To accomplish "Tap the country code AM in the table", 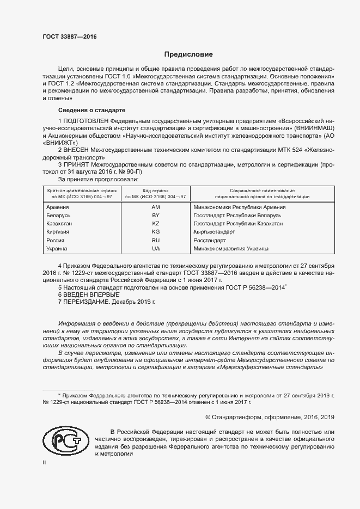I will (x=156, y=207).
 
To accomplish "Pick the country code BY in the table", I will (x=156, y=215).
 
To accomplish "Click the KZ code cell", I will (x=156, y=223).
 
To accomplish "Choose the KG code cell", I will (x=156, y=231).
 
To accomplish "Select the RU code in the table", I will (x=156, y=240).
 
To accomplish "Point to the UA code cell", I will (x=156, y=248).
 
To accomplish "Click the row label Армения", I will (x=58, y=207).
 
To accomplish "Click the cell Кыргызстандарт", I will (x=215, y=231).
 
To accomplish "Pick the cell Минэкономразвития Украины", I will (x=231, y=248).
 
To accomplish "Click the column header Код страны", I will (x=156, y=191).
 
